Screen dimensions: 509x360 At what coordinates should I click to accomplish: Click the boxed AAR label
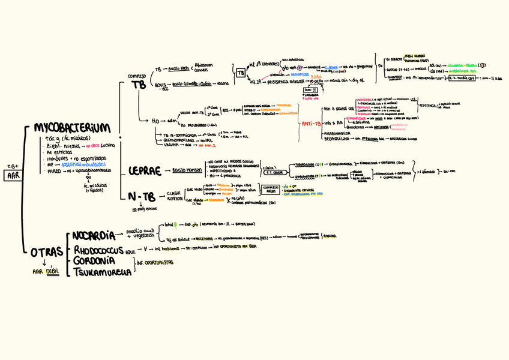tap(13, 175)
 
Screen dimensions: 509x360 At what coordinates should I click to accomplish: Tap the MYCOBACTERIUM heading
tap(73, 129)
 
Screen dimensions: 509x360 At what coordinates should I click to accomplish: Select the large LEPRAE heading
tap(145, 172)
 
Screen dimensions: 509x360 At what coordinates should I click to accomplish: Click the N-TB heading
tap(143, 196)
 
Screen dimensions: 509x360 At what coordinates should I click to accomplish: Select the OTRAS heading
tap(46, 253)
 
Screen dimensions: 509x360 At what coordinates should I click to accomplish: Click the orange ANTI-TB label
tap(309, 124)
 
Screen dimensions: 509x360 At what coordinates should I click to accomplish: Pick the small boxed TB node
tap(241, 73)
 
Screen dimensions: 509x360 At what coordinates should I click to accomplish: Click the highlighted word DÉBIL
tap(55, 271)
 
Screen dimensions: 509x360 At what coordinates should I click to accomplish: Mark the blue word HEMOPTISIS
tap(298, 74)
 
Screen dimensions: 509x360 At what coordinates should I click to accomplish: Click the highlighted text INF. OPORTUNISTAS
tap(155, 262)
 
